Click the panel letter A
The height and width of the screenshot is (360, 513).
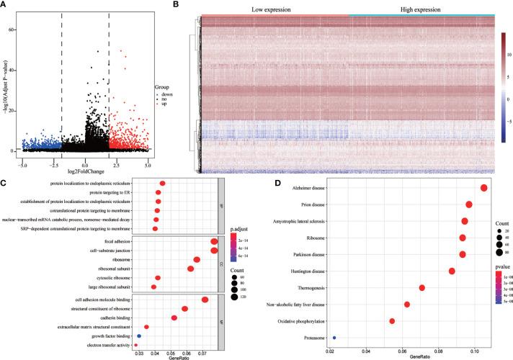tap(5, 5)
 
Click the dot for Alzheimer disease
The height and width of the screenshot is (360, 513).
tap(484, 189)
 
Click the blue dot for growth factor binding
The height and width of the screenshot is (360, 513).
tap(139, 336)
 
